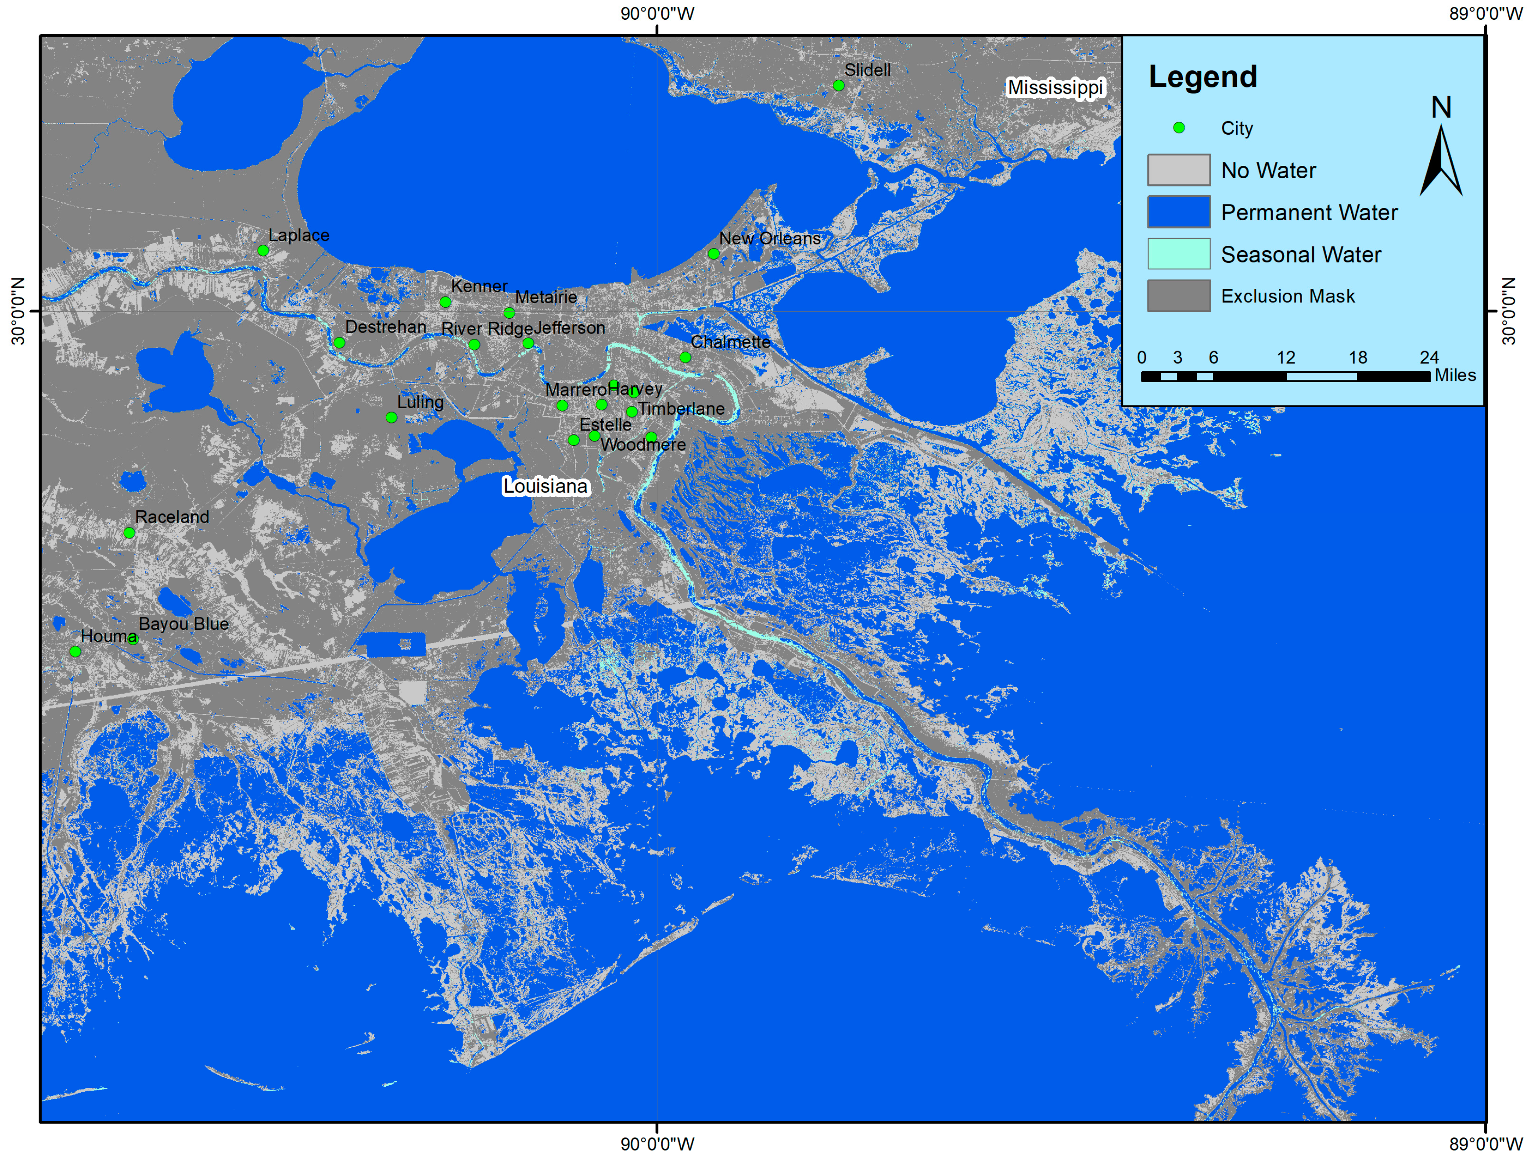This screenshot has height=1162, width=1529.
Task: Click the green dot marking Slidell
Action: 838,86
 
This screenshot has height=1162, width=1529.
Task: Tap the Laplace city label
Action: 299,235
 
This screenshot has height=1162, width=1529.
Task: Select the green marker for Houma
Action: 75,652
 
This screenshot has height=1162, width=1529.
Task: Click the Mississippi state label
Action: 1055,88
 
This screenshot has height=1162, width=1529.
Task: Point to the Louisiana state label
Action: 545,486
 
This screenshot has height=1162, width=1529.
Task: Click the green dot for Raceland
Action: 129,533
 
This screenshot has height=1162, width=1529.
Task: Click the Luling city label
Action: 420,402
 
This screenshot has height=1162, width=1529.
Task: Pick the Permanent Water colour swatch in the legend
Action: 1178,212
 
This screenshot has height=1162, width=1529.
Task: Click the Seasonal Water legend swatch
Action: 1178,254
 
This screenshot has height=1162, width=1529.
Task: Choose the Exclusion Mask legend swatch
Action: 1178,296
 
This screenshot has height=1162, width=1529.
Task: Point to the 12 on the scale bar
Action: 1285,358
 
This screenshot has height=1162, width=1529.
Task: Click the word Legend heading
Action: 1202,77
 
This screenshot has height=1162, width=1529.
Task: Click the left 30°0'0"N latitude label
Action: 18,311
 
